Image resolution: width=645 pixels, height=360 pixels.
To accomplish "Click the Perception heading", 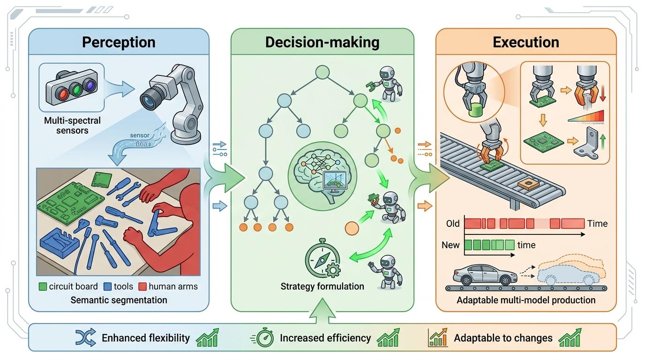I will [119, 42].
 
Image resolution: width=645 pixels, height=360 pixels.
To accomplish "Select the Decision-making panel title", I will [322, 42].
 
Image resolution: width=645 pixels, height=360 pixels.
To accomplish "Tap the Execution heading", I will [526, 42].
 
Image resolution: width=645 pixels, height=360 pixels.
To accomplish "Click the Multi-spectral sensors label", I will [72, 126].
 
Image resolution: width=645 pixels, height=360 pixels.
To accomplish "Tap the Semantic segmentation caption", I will [119, 300].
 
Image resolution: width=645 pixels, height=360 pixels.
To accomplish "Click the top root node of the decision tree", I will [322, 72].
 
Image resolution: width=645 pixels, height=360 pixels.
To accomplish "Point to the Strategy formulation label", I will [322, 286].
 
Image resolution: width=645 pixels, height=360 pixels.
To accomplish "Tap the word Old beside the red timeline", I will [452, 223].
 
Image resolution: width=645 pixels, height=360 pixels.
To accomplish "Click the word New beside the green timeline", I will [451, 245].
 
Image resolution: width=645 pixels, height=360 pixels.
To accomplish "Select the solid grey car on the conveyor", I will [482, 274].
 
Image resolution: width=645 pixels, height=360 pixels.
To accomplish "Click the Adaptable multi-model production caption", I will [526, 300].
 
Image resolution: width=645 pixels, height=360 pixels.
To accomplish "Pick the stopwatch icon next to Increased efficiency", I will [264, 338].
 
